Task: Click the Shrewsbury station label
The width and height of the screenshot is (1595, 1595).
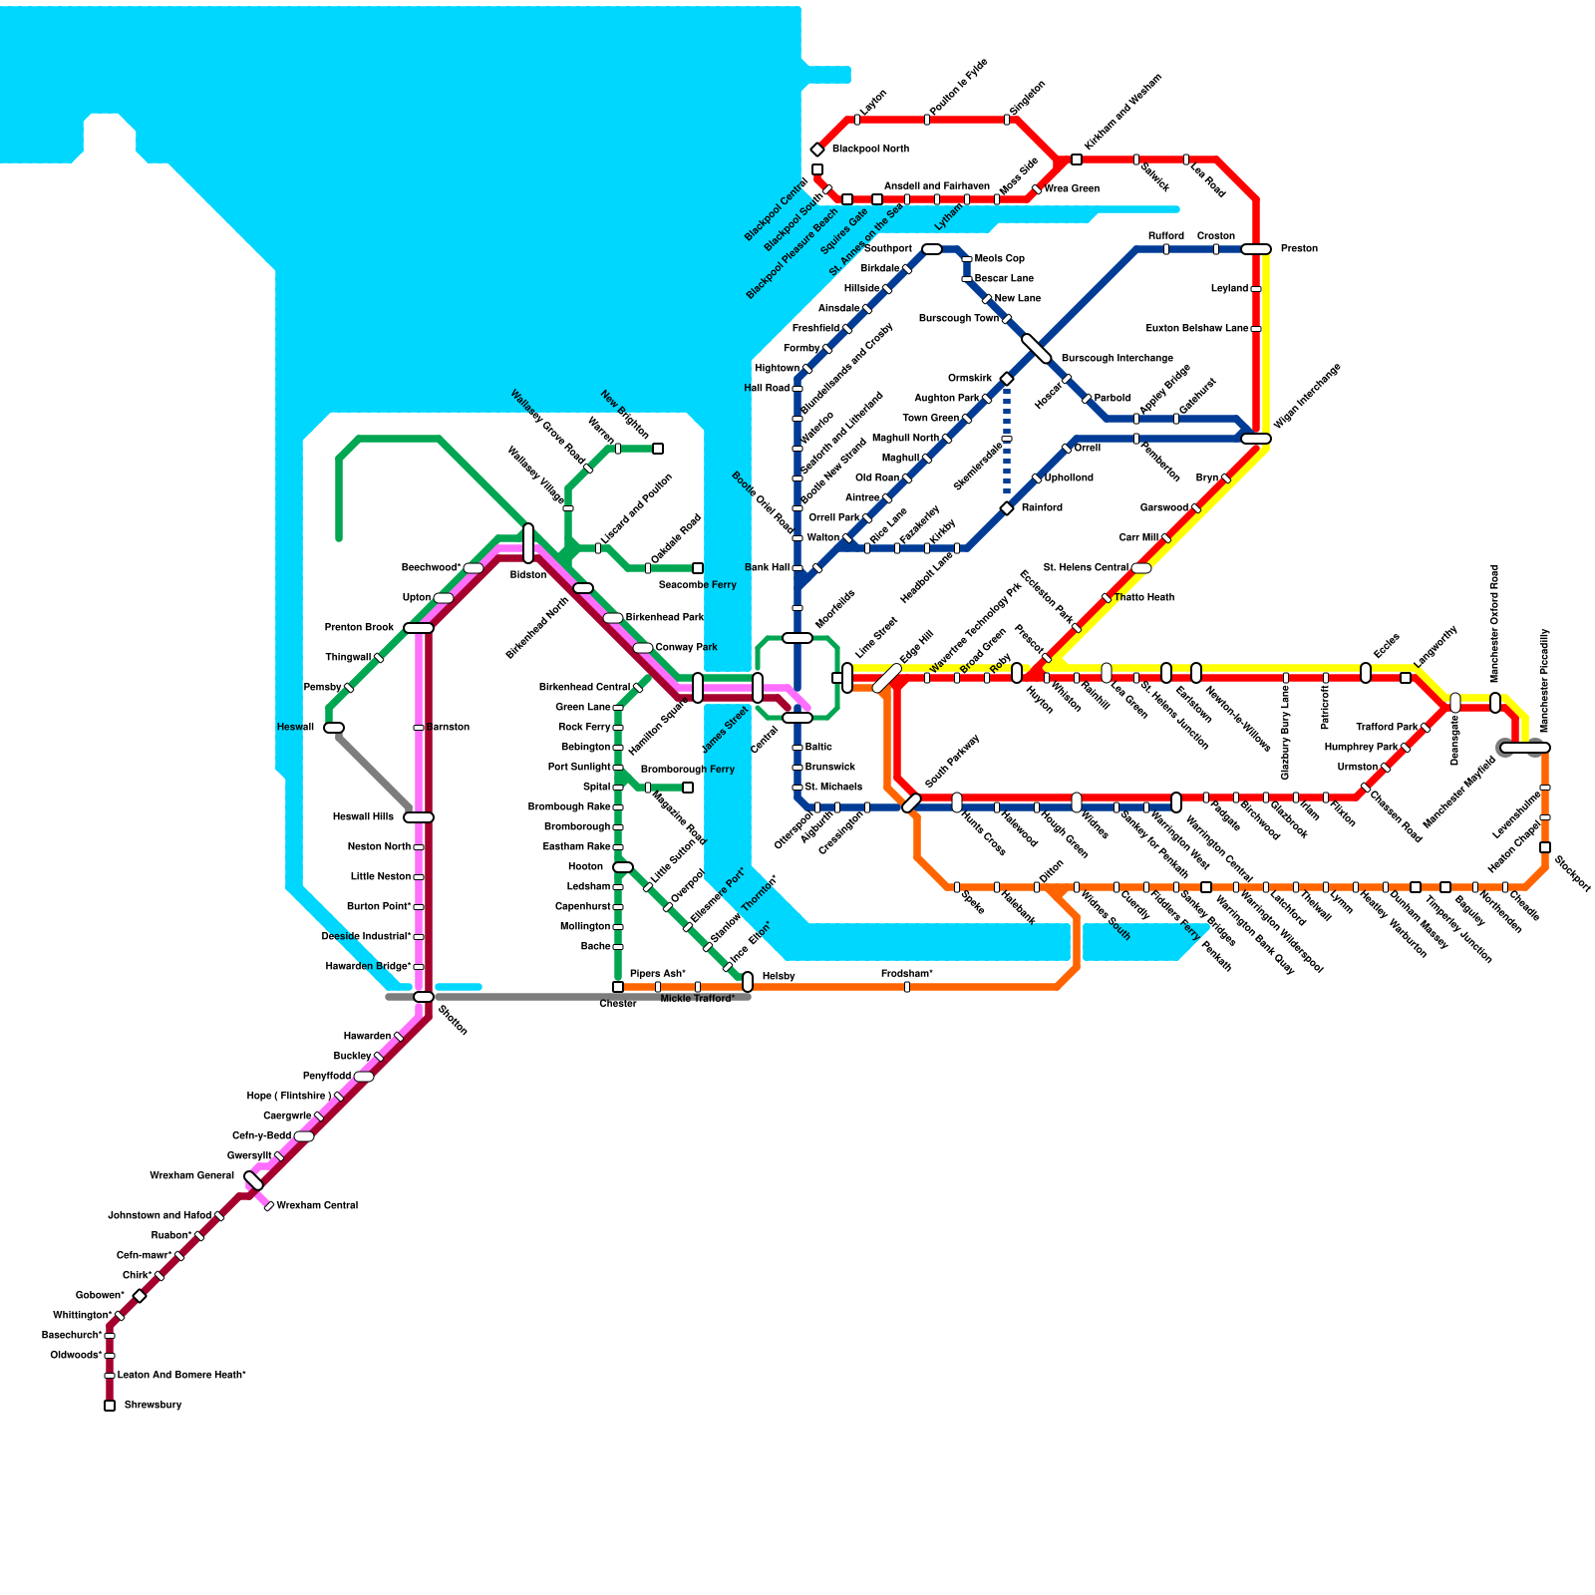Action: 153,1405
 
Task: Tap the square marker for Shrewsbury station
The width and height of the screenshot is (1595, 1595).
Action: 110,1406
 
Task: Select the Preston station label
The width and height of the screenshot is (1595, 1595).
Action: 1299,248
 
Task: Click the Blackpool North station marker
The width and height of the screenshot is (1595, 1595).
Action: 817,150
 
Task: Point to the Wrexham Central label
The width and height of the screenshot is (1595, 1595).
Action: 317,1205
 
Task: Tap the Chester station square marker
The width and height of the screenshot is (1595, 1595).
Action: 618,987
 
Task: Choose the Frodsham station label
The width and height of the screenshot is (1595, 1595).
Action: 906,973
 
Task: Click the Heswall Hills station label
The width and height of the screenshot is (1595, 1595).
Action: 363,816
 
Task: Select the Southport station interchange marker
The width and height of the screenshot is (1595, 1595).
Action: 932,249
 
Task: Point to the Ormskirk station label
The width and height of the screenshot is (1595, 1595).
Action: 969,378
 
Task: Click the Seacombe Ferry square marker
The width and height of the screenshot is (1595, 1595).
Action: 698,568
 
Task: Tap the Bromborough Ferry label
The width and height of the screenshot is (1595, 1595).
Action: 687,769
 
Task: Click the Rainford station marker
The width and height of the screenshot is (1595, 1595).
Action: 1007,508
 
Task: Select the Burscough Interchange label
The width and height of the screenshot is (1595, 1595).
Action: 1116,358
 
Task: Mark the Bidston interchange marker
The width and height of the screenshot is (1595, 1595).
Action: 528,543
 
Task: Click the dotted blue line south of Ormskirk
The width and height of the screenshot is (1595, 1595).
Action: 1007,444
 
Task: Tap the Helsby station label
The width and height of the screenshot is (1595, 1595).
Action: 778,976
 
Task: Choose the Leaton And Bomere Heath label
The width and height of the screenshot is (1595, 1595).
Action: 181,1375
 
